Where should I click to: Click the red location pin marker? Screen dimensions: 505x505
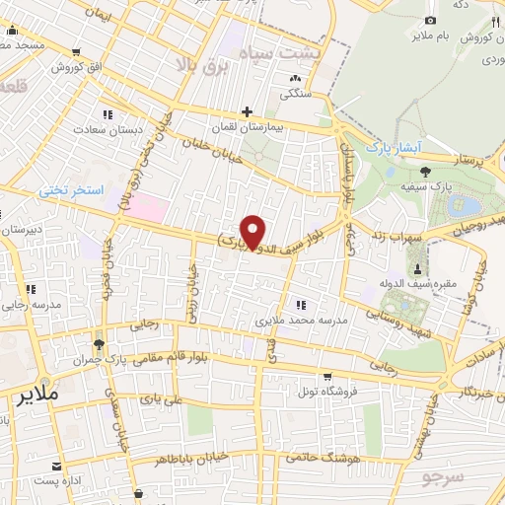pyautogui.click(x=253, y=231)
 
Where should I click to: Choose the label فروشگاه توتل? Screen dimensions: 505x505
pyautogui.click(x=327, y=390)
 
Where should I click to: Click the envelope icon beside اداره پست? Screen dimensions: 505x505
pyautogui.click(x=60, y=464)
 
